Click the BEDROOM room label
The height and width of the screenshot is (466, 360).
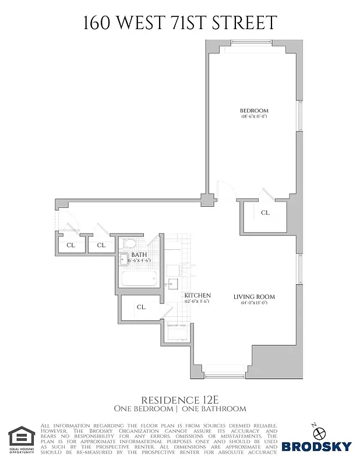254,111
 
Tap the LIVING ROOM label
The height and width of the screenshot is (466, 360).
254,297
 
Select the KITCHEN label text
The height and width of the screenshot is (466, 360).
197,295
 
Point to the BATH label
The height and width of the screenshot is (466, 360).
139,255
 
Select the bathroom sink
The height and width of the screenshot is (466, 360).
123,260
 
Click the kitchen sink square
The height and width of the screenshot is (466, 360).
173,284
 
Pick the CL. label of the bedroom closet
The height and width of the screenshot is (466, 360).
265,213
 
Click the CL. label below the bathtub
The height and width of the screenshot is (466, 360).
141,306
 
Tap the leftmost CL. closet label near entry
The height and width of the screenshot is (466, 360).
70,245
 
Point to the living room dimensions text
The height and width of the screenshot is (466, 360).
254,303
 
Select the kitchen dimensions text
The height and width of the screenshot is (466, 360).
197,302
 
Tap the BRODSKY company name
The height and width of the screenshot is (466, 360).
317,447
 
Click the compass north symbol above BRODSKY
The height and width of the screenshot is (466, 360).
319,430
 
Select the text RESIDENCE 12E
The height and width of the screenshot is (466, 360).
179,400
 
